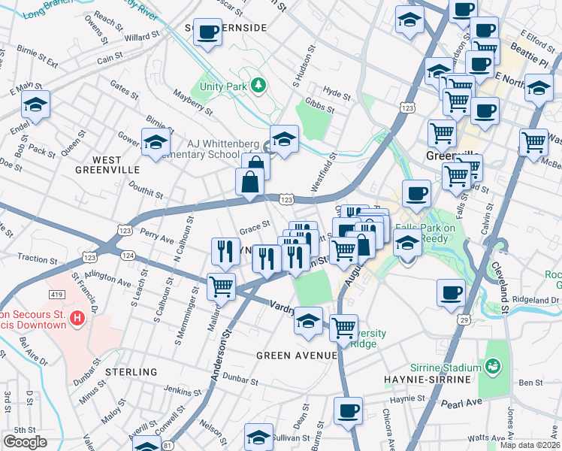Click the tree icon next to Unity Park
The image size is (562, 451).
click(258, 86)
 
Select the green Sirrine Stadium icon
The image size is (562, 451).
click(493, 367)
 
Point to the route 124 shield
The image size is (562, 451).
click(128, 256)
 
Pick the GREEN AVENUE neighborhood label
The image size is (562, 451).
click(296, 355)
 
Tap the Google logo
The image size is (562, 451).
click(26, 441)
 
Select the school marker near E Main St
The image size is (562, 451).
click(35, 105)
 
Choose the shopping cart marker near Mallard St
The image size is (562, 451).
click(222, 286)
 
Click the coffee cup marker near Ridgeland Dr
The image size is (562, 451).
click(451, 292)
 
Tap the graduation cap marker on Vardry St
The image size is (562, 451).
click(308, 321)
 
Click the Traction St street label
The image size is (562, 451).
click(34, 258)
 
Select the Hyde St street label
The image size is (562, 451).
click(337, 96)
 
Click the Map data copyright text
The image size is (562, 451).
click(530, 444)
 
